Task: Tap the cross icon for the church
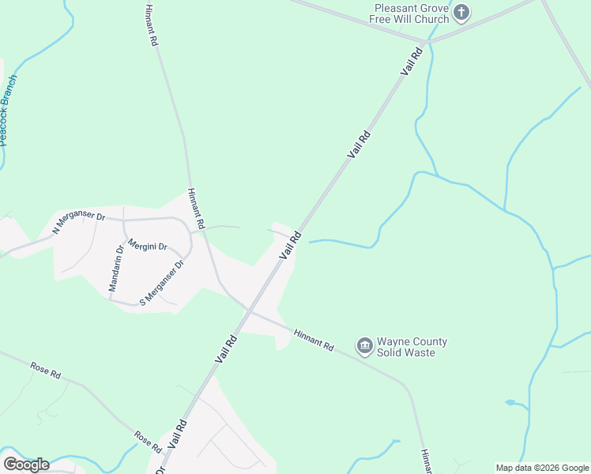click(461, 13)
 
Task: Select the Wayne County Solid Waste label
click(412, 347)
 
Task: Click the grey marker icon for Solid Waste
click(364, 346)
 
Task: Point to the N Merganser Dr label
click(78, 222)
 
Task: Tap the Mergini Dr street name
click(147, 246)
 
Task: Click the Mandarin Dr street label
click(115, 269)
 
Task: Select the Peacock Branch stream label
click(8, 111)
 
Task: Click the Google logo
click(26, 464)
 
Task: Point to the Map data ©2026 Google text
click(542, 468)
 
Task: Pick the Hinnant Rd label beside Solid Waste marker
click(314, 340)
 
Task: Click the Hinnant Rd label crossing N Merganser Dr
click(197, 209)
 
